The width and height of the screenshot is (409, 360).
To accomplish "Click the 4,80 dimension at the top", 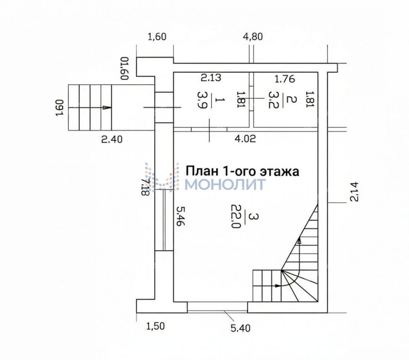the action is click(x=253, y=37).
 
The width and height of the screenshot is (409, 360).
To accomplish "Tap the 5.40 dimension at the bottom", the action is click(x=241, y=328).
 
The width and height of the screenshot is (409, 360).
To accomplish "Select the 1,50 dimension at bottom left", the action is click(x=155, y=326).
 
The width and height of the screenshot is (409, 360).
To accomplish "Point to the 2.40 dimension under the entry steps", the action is click(x=112, y=139).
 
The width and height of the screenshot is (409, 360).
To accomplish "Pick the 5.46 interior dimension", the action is click(x=180, y=216).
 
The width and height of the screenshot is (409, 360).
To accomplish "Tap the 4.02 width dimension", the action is click(x=245, y=138).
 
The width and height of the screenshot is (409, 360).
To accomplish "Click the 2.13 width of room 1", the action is click(x=211, y=77).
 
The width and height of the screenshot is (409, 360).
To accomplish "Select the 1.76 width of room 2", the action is click(x=285, y=79).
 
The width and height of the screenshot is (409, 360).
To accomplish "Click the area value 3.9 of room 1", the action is click(x=203, y=100).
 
